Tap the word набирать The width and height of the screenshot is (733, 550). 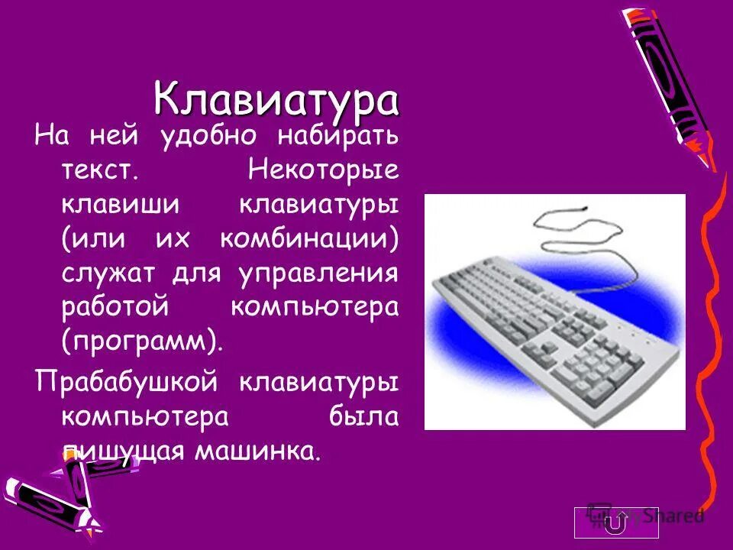coord(337,137)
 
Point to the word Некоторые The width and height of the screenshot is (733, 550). coord(322,170)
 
